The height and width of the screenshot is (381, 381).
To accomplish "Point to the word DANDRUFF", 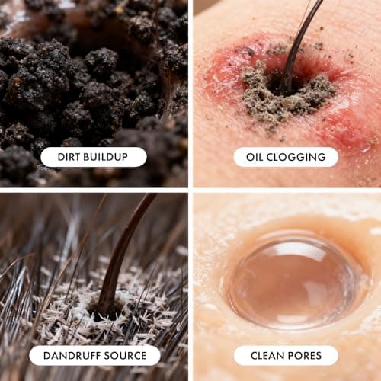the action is tap(72, 356).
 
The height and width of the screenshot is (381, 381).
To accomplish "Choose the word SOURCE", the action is tap(125, 356).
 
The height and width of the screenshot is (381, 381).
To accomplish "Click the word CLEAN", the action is tap(267, 356).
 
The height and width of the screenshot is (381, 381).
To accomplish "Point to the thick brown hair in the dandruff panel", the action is tap(120, 254).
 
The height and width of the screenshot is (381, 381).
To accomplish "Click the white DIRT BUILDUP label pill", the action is tap(94, 157).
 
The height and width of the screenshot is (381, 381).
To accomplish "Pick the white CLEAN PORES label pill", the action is tap(286, 356).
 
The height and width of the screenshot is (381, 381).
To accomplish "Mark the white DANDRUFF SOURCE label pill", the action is tap(94, 356).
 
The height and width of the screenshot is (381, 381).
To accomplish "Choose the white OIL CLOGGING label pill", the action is tap(286, 157).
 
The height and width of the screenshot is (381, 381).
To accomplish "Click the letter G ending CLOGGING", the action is tap(322, 157).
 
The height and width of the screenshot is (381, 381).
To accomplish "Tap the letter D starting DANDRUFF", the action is tap(47, 356).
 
